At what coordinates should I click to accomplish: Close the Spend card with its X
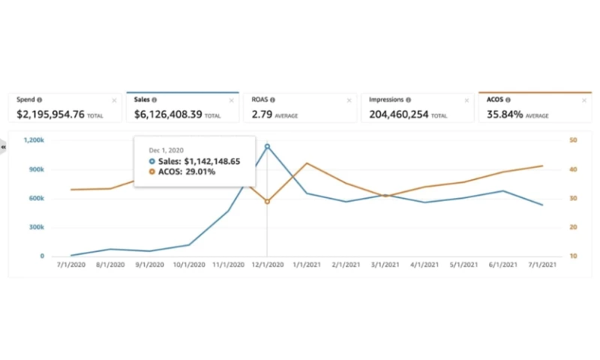(x=115, y=100)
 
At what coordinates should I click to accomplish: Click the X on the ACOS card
(x=584, y=100)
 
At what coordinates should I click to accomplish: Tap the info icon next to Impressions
(x=408, y=100)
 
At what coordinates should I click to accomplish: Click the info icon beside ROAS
(x=272, y=100)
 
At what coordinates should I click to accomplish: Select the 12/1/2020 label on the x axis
(x=268, y=265)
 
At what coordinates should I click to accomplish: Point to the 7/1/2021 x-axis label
(x=542, y=265)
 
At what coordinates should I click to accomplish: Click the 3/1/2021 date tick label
(x=385, y=265)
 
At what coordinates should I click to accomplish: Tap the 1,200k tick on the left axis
(x=34, y=140)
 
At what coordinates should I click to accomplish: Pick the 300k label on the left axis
(x=36, y=227)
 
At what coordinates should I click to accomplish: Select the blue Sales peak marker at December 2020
(x=268, y=146)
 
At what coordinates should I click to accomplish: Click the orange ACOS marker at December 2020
(x=268, y=202)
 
